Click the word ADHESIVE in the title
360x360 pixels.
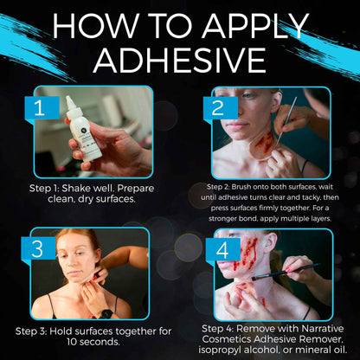[x=179, y=60]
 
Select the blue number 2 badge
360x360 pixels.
[x=218, y=109]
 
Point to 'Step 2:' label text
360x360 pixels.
[x=222, y=186]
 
